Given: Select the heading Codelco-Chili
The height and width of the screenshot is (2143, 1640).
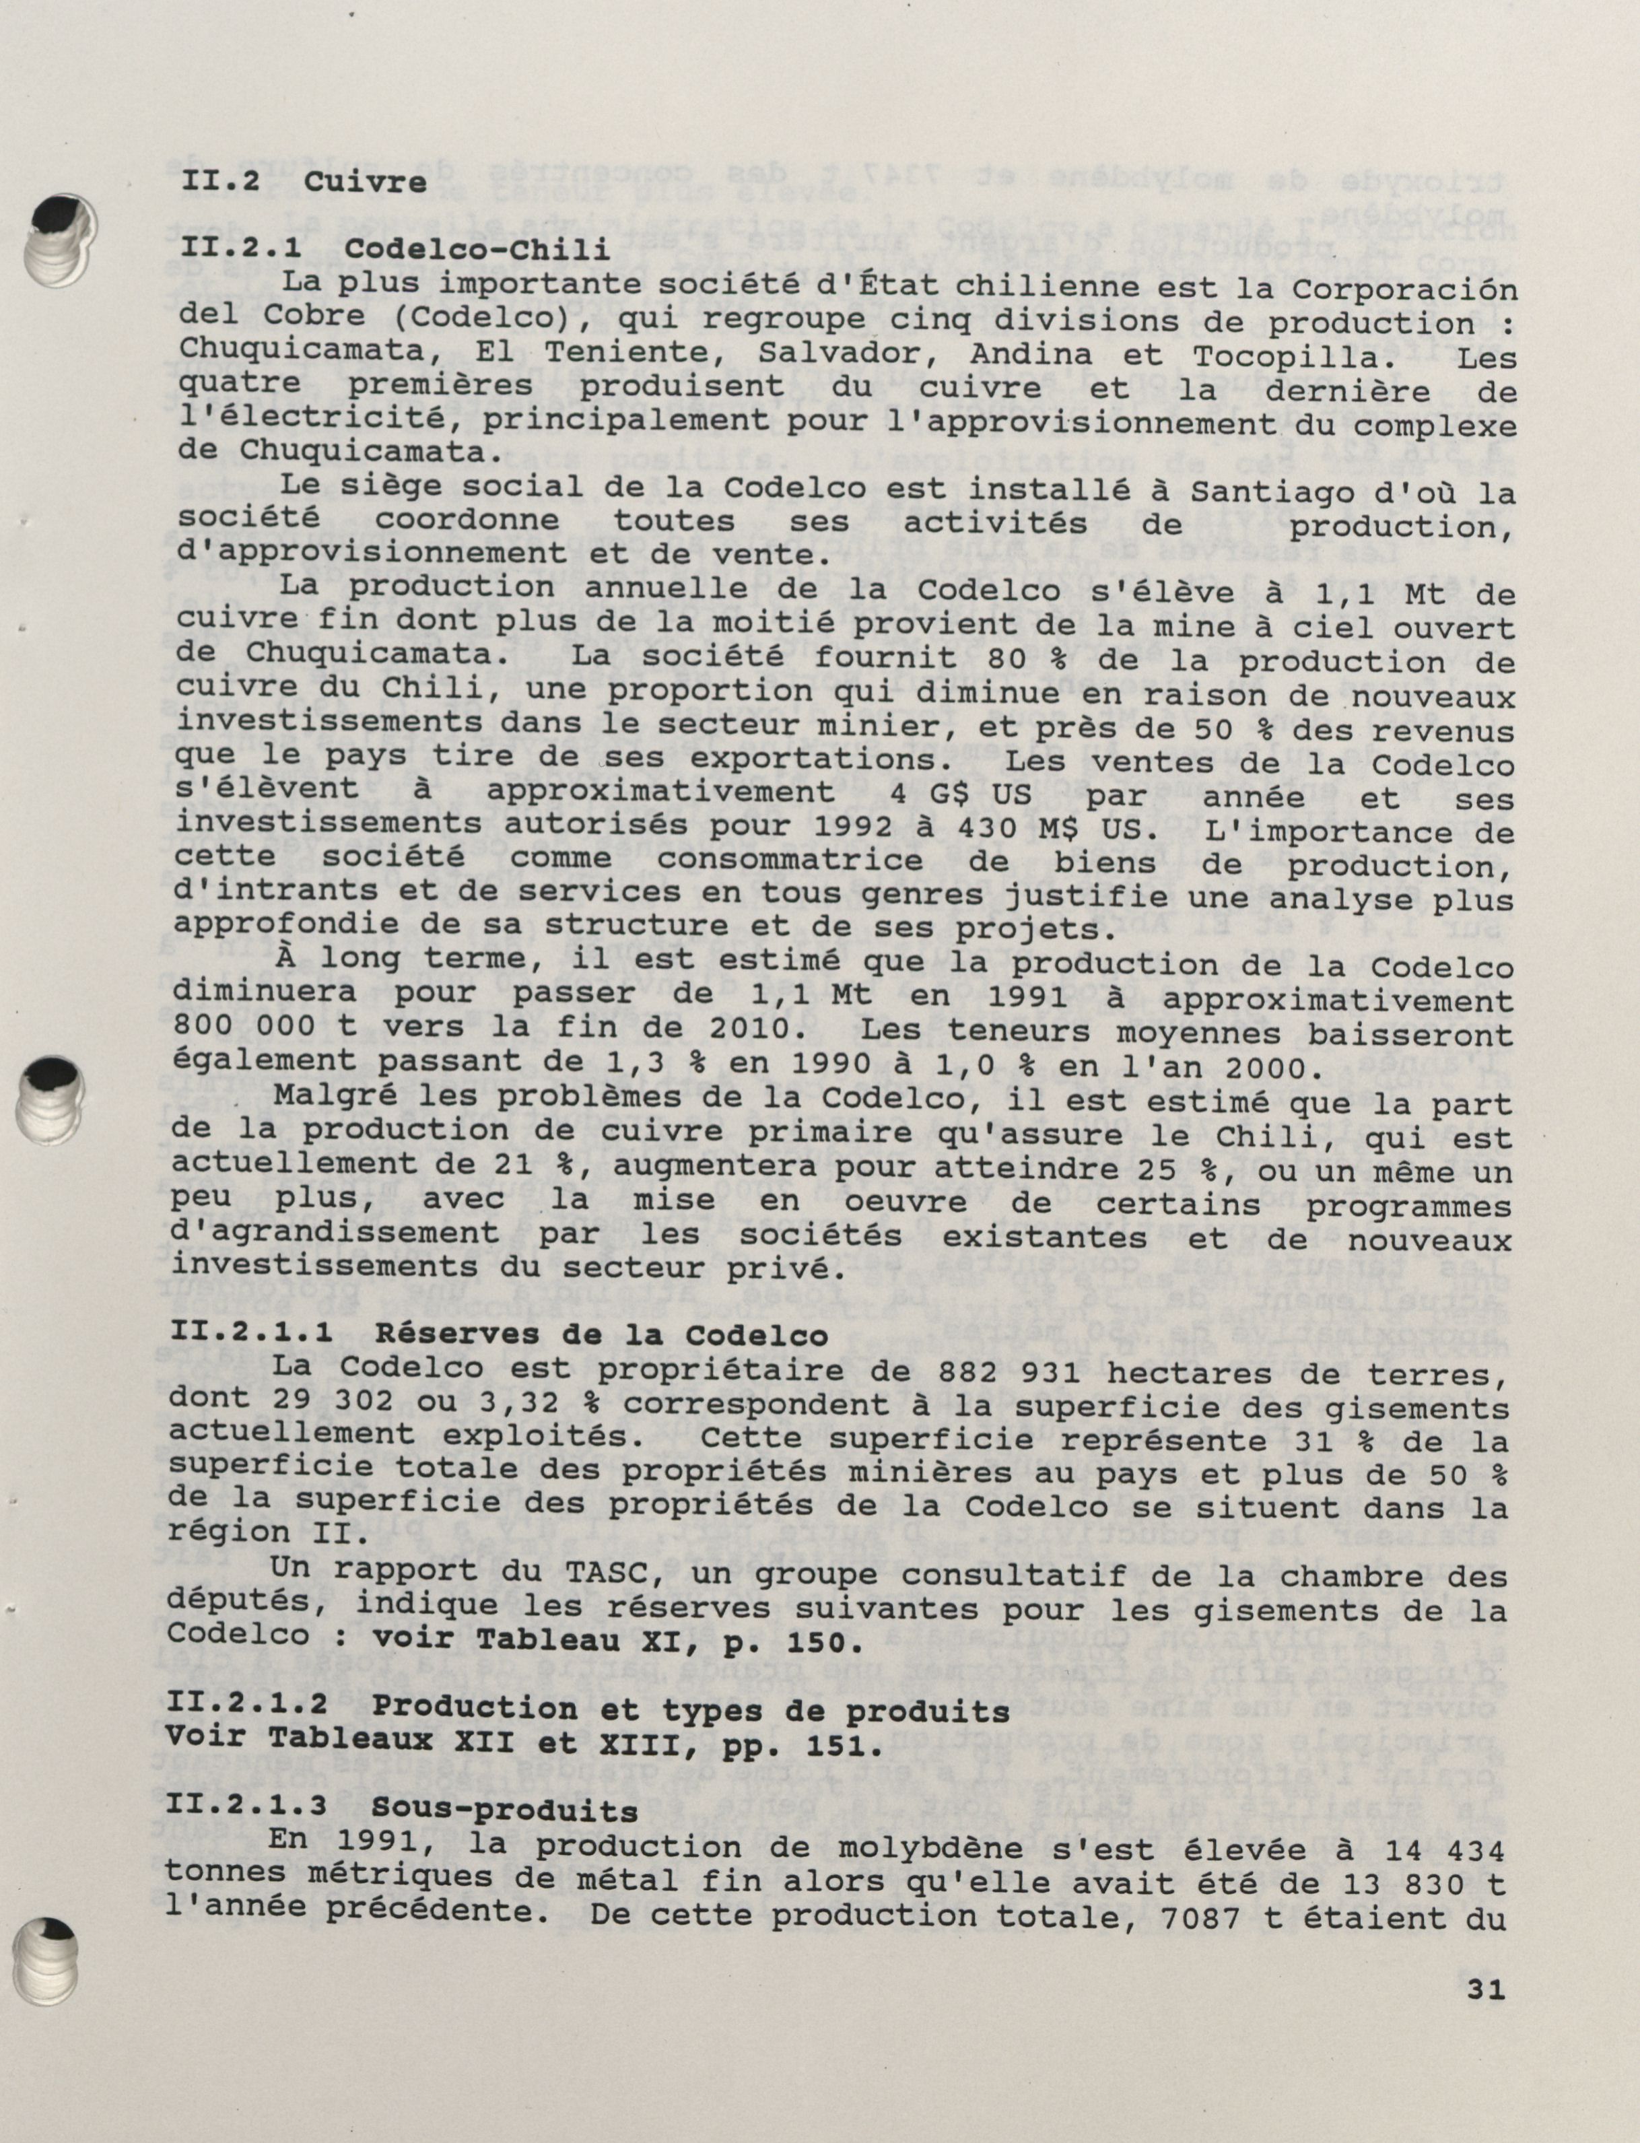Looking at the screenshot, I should coord(477,250).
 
